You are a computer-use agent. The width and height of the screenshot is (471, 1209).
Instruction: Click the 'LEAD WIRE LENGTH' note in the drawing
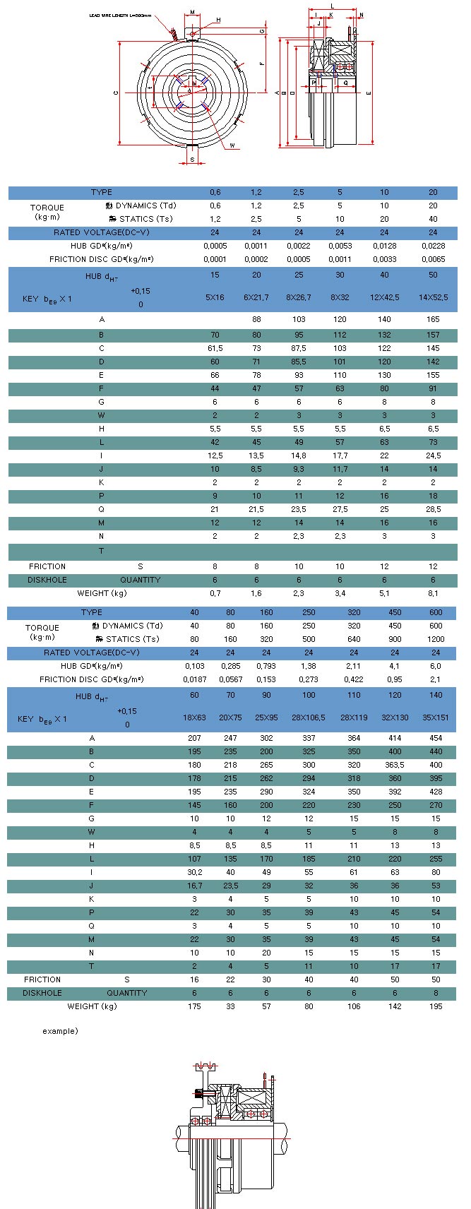coord(121,15)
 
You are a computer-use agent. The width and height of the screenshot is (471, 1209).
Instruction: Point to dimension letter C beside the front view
coord(115,92)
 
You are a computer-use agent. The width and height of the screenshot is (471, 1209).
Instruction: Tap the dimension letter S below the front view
coord(192,160)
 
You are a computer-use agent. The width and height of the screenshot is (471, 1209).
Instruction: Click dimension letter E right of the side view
coord(369,93)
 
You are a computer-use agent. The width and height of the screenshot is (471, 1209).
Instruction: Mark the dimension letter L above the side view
coord(332,6)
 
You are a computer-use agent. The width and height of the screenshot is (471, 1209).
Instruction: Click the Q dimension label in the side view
coord(345,82)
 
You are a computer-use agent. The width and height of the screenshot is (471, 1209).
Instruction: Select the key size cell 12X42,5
coord(384,297)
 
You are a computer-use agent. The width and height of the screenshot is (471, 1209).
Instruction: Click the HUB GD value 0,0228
coord(433,246)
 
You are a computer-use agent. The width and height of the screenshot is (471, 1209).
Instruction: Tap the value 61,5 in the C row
coord(215,348)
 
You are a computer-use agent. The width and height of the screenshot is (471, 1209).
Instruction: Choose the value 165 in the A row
coord(433,320)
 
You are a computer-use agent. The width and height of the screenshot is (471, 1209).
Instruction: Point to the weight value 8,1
coord(433,593)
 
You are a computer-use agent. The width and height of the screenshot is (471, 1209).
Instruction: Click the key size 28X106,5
coord(309,717)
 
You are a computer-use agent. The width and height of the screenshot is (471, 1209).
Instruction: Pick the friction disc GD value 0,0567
coord(230,679)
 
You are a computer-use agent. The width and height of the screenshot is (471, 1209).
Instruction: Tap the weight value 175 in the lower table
coord(194,1006)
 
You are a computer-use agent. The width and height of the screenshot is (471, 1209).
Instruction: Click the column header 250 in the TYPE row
coord(309,612)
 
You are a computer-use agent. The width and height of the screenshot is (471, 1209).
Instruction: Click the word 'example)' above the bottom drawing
coord(60,1031)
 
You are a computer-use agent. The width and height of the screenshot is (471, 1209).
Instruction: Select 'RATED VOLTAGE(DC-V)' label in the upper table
coord(102,232)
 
